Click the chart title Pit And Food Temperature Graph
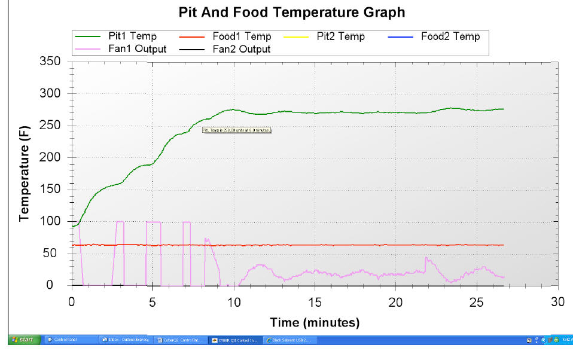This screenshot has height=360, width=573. [292, 12]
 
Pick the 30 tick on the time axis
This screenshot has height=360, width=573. [557, 300]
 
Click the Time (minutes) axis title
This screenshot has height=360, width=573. [314, 323]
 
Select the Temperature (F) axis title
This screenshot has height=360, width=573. [24, 173]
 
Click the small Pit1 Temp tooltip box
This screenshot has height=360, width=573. [237, 129]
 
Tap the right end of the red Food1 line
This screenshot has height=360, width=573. [503, 245]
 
